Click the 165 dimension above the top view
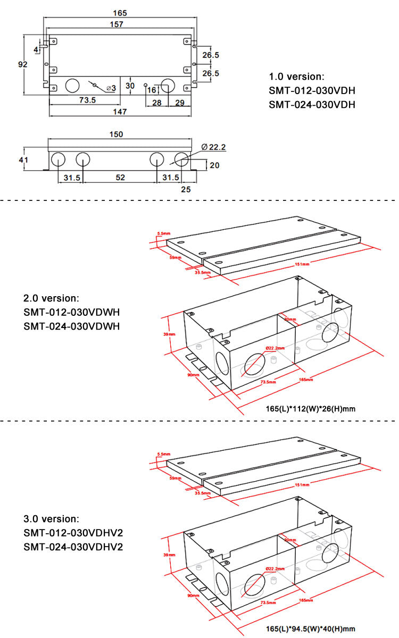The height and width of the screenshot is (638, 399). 120,12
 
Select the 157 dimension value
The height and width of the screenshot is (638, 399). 117,24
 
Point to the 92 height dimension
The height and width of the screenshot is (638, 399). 22,64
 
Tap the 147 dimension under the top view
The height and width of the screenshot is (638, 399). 120,112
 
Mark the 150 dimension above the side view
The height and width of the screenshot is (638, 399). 117,135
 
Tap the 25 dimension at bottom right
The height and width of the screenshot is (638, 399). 186,189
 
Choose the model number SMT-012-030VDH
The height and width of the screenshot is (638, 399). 312,90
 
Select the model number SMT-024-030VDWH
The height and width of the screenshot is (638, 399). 72,326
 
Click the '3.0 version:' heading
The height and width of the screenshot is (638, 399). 51,518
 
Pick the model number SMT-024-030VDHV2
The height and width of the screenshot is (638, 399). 73,547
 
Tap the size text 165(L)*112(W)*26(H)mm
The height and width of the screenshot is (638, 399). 310,409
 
